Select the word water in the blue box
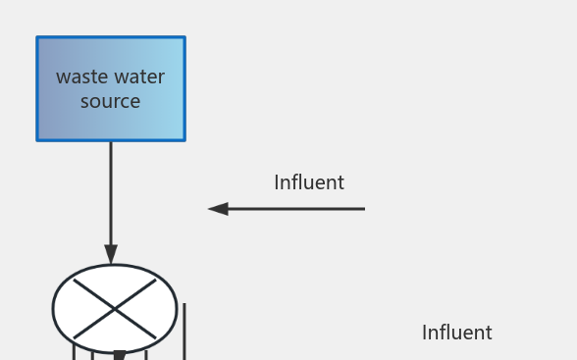click(138, 77)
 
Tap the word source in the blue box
click(110, 101)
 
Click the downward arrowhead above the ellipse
click(111, 254)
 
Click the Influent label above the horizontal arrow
click(308, 182)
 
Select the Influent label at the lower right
click(456, 333)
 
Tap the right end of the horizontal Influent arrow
click(363, 209)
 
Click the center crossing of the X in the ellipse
click(115, 309)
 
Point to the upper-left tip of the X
click(76, 281)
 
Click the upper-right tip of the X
click(155, 281)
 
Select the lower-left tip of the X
click(76, 337)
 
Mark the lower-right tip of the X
click(155, 337)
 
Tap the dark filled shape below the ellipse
click(119, 355)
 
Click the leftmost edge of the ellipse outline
click(53, 309)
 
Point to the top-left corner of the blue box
click(38, 38)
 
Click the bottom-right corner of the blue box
click(184, 139)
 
